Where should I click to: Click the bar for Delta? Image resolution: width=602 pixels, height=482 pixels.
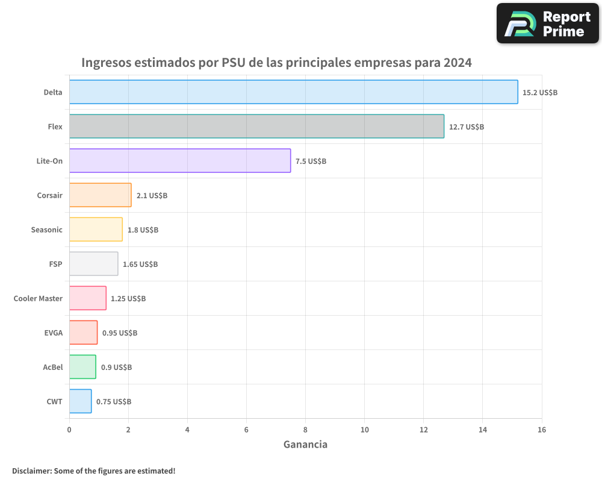(x=293, y=92)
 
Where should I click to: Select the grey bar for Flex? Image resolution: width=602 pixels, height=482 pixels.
(x=256, y=127)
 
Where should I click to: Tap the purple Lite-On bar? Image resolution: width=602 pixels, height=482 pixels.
(x=179, y=161)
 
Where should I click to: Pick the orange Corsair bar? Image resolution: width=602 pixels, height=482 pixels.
(x=100, y=195)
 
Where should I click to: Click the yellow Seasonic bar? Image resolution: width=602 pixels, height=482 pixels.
(x=96, y=230)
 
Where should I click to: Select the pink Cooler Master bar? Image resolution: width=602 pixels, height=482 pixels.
(x=87, y=298)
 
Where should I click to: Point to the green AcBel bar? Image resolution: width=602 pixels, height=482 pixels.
(x=82, y=367)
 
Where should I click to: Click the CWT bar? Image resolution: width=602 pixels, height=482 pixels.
(x=80, y=401)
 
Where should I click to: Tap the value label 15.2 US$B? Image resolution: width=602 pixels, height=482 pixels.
(x=540, y=93)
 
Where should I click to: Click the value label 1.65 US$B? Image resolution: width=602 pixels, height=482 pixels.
(x=140, y=264)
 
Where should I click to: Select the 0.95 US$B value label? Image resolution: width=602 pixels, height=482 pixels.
(x=120, y=333)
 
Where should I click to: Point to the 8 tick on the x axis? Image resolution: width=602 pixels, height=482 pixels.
(x=305, y=430)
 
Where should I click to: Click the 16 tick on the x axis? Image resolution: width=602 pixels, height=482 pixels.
(x=541, y=430)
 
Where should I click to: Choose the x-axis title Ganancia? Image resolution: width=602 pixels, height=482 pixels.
(x=305, y=445)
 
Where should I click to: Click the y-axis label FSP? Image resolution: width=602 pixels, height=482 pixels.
(x=55, y=264)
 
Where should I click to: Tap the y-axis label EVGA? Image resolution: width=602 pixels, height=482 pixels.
(x=53, y=333)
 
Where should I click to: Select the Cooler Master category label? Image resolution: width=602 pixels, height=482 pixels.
(x=38, y=298)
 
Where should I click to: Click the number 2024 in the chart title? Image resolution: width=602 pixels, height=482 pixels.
(x=458, y=63)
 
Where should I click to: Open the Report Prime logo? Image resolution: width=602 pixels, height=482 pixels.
(x=548, y=23)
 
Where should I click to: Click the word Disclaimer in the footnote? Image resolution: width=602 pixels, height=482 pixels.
(x=31, y=471)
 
